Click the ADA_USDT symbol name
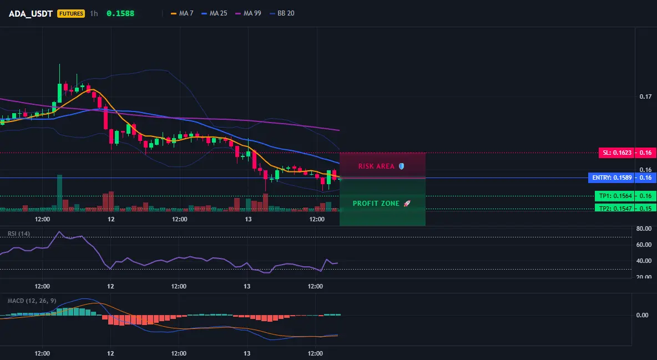click(x=31, y=13)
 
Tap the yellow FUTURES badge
click(x=71, y=13)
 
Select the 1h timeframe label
click(x=94, y=13)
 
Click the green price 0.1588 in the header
click(x=120, y=13)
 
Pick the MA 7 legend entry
click(x=182, y=13)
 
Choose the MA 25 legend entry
click(x=214, y=13)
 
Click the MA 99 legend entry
click(x=248, y=13)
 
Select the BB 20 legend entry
click(x=282, y=13)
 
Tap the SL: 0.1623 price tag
click(x=616, y=153)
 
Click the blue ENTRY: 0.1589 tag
click(x=611, y=178)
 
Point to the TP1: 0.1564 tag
click(x=614, y=196)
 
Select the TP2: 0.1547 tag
click(x=614, y=208)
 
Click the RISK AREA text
click(x=376, y=166)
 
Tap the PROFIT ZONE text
click(x=376, y=203)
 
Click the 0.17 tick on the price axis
click(x=646, y=97)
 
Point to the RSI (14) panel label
click(x=19, y=234)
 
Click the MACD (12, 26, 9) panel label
click(x=32, y=301)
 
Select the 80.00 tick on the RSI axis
click(x=644, y=229)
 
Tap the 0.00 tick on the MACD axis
click(x=643, y=315)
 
